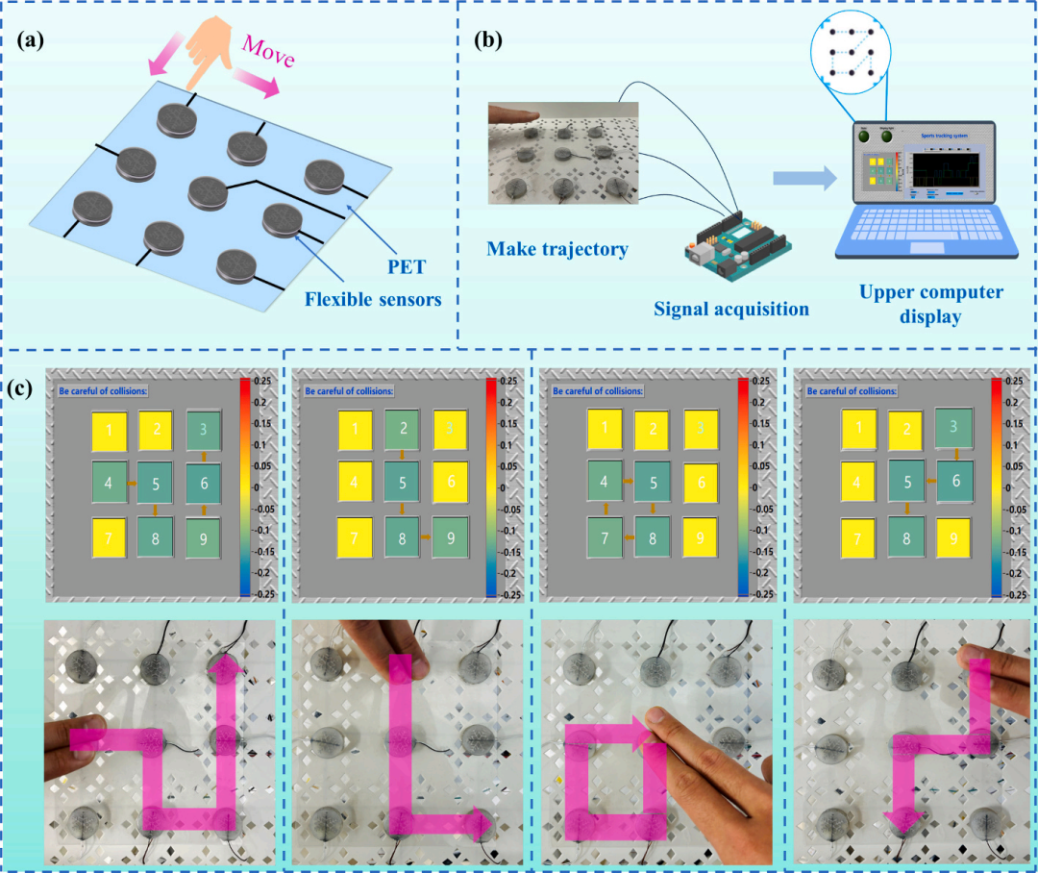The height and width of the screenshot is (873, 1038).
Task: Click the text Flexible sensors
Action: click(373, 299)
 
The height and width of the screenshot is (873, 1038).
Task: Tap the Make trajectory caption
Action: click(557, 250)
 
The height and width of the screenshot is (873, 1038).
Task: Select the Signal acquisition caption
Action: click(731, 309)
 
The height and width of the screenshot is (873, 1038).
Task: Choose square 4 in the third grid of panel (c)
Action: click(604, 484)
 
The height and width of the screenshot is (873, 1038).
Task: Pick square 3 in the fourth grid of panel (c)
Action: click(952, 427)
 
